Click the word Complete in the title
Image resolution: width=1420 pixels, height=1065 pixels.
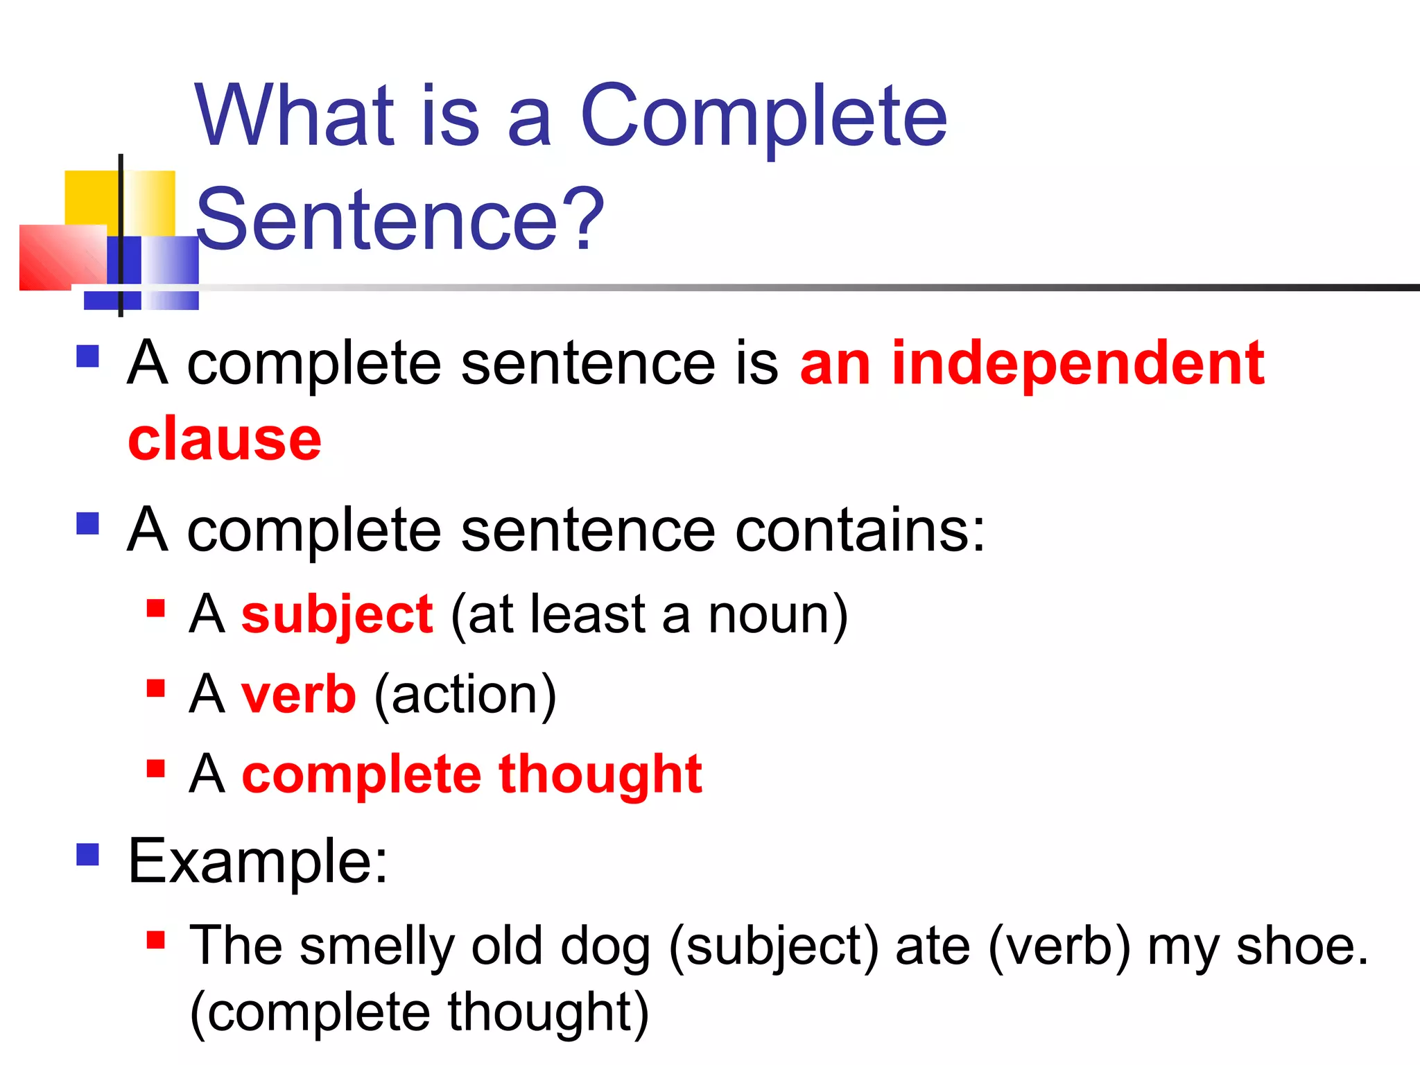pyautogui.click(x=763, y=116)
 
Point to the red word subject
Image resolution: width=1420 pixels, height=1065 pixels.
pyautogui.click(x=337, y=615)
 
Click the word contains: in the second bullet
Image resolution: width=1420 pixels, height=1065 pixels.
pyautogui.click(x=860, y=530)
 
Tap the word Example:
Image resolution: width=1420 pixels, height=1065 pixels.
pyautogui.click(x=258, y=861)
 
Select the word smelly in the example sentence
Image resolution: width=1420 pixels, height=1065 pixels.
pyautogui.click(x=376, y=946)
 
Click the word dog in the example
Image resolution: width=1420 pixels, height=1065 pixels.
pyautogui.click(x=605, y=946)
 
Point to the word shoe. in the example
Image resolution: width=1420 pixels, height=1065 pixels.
pyautogui.click(x=1302, y=946)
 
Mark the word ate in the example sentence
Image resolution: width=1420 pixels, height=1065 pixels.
pyautogui.click(x=933, y=947)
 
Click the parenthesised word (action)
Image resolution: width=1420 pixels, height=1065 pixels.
pyautogui.click(x=465, y=695)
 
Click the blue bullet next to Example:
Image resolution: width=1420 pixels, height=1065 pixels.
pyautogui.click(x=88, y=854)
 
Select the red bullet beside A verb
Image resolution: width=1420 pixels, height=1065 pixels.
pyautogui.click(x=156, y=688)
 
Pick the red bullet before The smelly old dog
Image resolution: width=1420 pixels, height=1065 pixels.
pyautogui.click(x=156, y=940)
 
